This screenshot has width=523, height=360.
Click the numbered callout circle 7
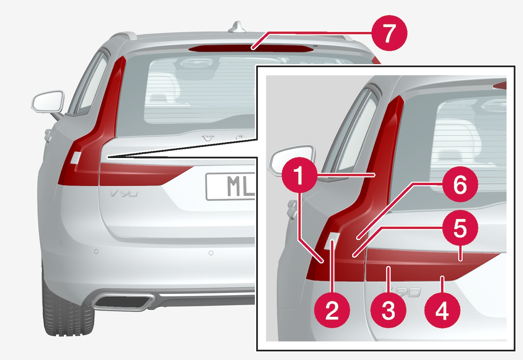(389, 33)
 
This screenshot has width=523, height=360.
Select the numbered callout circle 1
(299, 175)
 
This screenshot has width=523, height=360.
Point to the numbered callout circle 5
(460, 228)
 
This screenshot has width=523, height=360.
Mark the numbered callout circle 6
(460, 184)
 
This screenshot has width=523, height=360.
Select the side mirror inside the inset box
(292, 160)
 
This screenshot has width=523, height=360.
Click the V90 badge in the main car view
(124, 193)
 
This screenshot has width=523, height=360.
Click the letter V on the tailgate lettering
(208, 138)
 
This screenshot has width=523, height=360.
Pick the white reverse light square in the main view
(76, 158)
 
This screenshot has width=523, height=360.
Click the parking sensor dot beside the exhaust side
(96, 251)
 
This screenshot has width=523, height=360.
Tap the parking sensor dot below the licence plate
(211, 253)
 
